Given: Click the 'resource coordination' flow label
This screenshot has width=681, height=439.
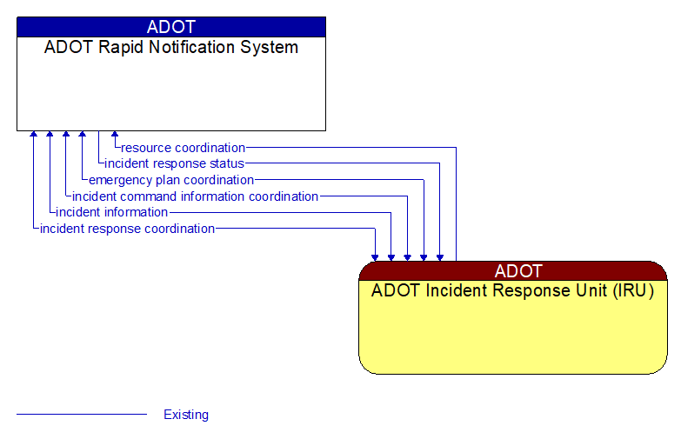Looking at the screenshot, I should click(183, 148).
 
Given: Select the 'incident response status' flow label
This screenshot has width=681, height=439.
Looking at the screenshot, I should click(174, 163).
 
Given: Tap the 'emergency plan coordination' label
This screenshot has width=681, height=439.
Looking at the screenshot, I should click(171, 180).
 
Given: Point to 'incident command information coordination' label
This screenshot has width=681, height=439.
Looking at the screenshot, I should click(195, 196).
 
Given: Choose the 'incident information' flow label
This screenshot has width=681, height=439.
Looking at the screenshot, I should click(111, 212).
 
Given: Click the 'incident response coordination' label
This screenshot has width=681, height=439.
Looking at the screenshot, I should click(127, 229).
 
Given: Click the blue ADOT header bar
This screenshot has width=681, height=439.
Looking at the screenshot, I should click(171, 27).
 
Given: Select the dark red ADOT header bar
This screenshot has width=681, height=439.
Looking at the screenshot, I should click(513, 271).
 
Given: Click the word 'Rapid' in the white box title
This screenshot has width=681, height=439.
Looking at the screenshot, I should click(113, 48).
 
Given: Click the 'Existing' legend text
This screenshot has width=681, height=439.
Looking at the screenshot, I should click(186, 415).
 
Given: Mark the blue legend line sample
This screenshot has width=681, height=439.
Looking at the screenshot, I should click(82, 415).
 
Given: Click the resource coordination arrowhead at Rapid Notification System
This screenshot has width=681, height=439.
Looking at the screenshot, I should click(115, 135).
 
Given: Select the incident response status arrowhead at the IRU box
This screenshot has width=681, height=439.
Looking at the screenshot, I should click(440, 257).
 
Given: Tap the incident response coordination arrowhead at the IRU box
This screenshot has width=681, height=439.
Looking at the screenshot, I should click(375, 257).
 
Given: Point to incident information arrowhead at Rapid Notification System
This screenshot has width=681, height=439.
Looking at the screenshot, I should click(50, 135).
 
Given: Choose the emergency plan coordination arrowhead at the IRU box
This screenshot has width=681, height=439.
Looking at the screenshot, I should click(424, 257).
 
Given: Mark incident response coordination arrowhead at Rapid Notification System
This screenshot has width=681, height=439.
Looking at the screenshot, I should click(33, 135).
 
